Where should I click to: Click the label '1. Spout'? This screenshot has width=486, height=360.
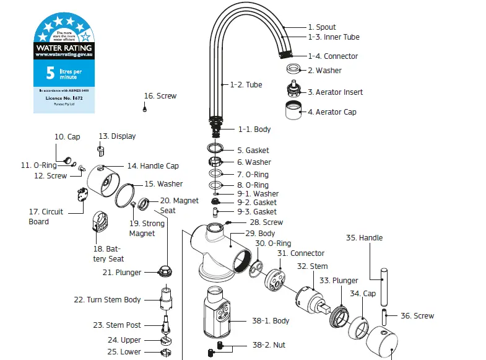(321, 27)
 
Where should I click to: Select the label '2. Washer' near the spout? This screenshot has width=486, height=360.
(324, 71)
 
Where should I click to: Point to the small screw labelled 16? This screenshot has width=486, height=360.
(144, 108)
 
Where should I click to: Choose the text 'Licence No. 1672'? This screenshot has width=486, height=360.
(64, 98)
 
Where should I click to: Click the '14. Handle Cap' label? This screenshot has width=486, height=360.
(153, 166)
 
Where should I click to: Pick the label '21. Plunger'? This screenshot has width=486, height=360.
(122, 273)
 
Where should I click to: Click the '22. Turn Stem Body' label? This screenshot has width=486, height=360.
(108, 300)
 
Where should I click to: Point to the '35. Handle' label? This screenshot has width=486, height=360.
(364, 238)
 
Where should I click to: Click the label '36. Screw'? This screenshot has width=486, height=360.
(417, 316)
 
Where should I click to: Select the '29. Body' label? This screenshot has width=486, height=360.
(260, 234)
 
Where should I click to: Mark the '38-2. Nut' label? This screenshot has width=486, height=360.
(269, 345)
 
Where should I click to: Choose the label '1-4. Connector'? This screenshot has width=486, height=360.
(333, 56)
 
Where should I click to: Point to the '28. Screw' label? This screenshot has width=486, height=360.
(266, 222)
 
